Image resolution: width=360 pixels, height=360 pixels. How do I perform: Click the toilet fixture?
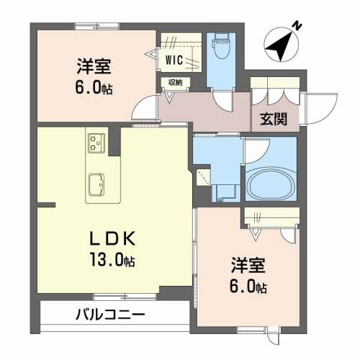[221, 45]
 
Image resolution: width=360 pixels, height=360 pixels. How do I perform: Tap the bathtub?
[271, 183]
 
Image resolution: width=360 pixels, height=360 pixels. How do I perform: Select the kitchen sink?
[96, 184]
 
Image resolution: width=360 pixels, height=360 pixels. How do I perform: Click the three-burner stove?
[96, 143]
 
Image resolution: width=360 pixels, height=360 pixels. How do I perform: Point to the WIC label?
[174, 60]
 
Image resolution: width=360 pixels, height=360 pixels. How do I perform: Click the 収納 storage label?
[175, 83]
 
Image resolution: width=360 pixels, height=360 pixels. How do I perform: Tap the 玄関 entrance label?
[274, 120]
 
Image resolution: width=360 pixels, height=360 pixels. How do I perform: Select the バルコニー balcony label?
[111, 315]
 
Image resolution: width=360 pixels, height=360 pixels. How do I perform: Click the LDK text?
[112, 238]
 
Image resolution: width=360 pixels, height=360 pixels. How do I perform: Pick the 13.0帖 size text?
[112, 260]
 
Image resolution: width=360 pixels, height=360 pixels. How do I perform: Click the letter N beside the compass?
[297, 26]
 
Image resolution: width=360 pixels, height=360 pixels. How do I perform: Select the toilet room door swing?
[222, 102]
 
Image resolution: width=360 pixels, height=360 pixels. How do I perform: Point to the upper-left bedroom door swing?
[144, 107]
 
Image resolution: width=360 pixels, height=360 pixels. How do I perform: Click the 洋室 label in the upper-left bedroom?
[94, 66]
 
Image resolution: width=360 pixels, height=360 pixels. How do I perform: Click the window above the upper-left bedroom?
[97, 26]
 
